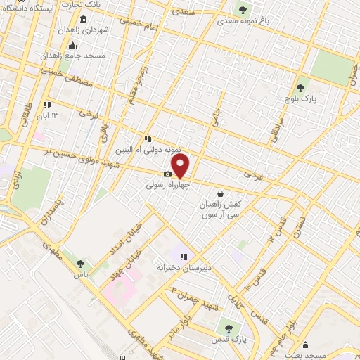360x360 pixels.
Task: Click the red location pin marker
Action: point(181,166)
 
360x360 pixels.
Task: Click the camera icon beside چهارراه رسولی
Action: point(167,174)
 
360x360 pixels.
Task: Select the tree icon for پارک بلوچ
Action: point(300,87)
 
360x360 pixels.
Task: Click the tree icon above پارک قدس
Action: point(226,327)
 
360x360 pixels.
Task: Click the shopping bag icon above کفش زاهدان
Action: point(221,193)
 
